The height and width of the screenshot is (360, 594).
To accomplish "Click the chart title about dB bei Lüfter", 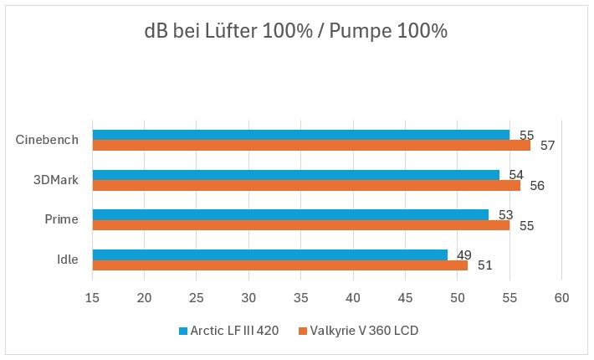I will pos(295,32).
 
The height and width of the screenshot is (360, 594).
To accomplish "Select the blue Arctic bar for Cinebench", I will pos(301,135).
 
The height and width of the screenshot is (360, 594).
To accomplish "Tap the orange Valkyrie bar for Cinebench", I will pos(311,146).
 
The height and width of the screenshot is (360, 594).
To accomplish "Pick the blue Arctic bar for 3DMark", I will pos(295,175).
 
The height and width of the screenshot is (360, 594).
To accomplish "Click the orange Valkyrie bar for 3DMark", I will pos(306,186).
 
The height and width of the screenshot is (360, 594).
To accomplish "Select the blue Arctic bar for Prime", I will pos(290,215).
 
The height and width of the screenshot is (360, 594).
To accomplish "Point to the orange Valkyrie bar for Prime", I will pos(301,225).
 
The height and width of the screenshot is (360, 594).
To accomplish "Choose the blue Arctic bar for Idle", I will pos(269,255).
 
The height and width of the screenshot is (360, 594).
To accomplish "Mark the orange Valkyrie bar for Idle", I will pos(280,265).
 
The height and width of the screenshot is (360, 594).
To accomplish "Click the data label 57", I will pos(547,146).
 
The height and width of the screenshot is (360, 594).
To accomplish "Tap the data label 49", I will pos(464,255).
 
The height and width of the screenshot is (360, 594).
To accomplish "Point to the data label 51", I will pos(485,265).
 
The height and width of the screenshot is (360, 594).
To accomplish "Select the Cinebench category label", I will pos(47,140).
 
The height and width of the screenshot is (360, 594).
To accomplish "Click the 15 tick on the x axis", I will pos(92,298).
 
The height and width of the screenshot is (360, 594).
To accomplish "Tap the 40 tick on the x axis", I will pos(353,298).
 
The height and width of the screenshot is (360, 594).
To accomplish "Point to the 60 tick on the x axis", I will pos(561,298).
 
